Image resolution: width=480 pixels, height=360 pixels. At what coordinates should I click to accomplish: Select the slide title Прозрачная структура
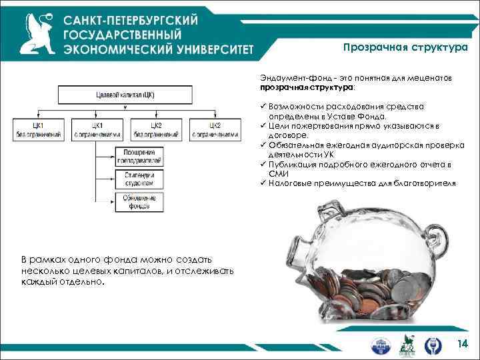[x=405, y=48]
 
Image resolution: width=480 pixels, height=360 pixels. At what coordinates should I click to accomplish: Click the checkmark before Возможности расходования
[x=263, y=107]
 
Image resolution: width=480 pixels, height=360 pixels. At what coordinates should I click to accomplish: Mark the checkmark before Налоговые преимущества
[x=263, y=183]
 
